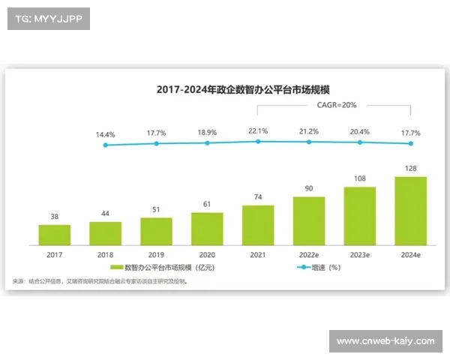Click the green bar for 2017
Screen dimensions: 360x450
click(55, 235)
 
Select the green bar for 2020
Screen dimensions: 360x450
click(207, 229)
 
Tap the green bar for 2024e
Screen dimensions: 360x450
click(410, 211)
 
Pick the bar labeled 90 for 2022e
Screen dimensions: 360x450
click(308, 220)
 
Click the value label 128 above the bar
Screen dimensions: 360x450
click(410, 169)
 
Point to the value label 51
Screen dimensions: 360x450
click(156, 210)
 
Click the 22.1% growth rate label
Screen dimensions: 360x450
click(258, 131)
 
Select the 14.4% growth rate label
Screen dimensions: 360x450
click(105, 135)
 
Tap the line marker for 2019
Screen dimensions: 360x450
click(156, 142)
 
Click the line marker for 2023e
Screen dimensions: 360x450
click(359, 142)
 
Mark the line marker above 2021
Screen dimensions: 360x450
click(258, 140)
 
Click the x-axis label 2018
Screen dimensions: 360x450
click(105, 254)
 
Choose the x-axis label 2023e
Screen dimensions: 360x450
click(359, 254)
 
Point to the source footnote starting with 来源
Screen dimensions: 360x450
click(101, 281)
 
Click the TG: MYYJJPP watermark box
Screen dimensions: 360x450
click(47, 19)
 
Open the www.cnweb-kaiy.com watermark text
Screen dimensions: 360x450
click(385, 341)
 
